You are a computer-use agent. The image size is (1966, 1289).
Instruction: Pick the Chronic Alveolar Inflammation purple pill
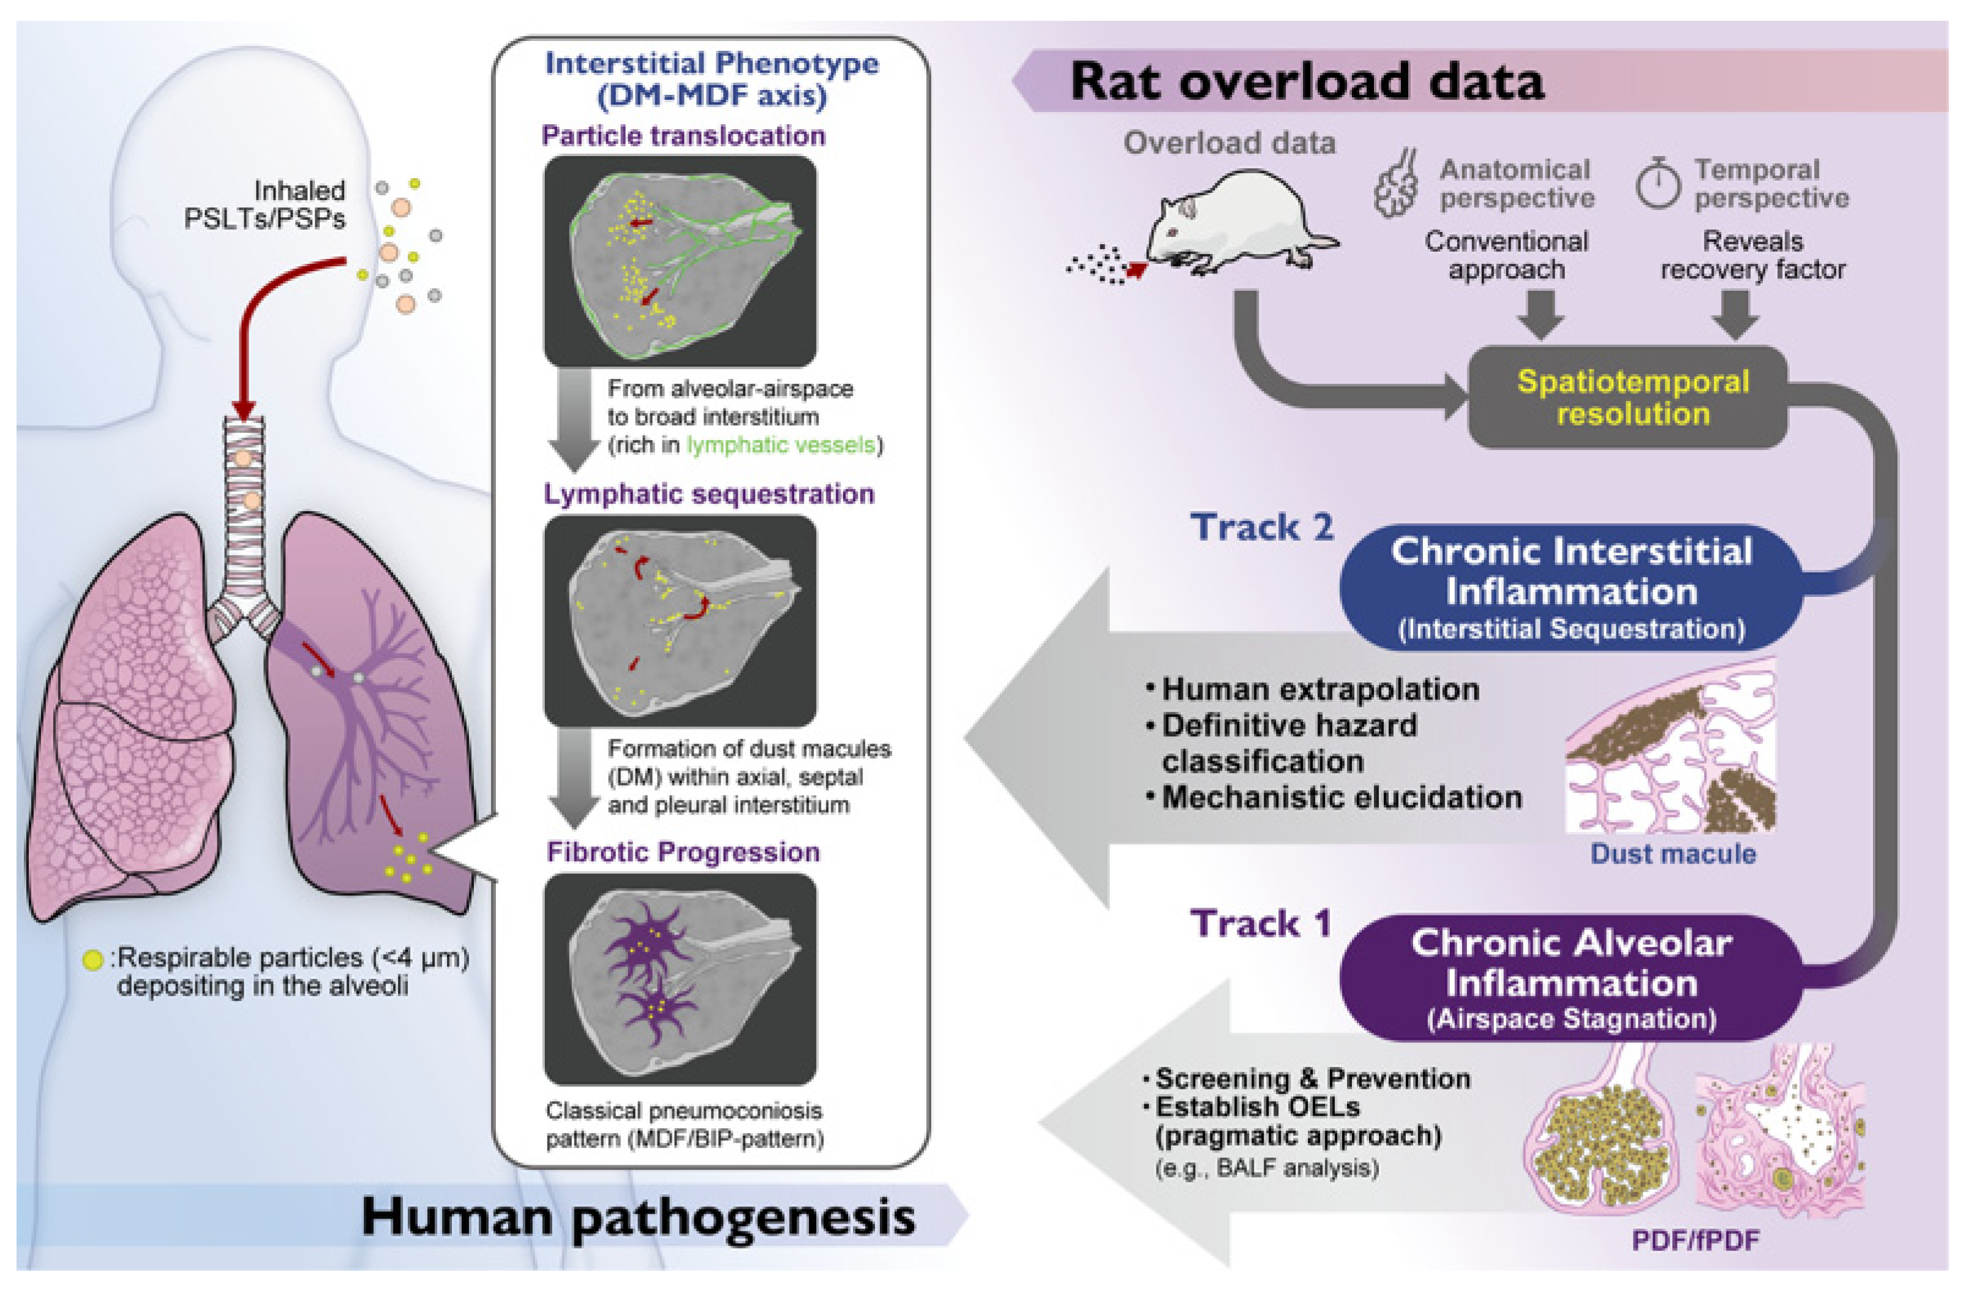point(1569,979)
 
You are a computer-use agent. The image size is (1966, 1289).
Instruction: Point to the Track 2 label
point(1261,528)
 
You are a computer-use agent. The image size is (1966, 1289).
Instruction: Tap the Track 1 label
point(1259,923)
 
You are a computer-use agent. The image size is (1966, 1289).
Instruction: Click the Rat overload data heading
point(1305,82)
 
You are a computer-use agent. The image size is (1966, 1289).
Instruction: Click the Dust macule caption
point(1673,854)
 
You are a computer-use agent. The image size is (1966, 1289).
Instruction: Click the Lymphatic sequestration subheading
point(708,494)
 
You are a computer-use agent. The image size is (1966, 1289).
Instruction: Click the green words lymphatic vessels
point(781,445)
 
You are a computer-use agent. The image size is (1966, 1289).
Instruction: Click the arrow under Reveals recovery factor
point(1735,314)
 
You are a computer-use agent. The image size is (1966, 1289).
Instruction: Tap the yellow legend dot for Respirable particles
point(93,960)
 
